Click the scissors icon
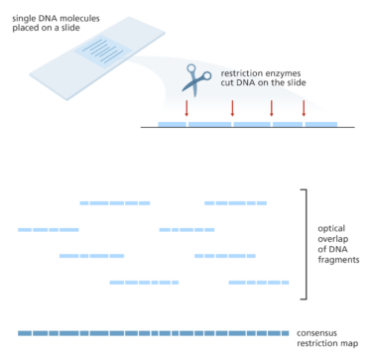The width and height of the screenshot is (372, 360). pos(196,77)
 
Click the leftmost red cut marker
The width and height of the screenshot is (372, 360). pos(187,108)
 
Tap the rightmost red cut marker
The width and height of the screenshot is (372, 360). pos(304,108)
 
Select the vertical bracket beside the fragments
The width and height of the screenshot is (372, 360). pos(304,243)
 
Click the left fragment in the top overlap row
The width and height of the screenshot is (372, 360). pos(115,203)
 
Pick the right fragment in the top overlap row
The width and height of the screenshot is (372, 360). pos(235,203)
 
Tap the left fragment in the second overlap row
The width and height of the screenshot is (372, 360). pos(48,229)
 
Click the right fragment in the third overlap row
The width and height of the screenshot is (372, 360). pos(224,256)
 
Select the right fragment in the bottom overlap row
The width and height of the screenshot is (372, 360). pos(258,283)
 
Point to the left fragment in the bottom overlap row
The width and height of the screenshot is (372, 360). pos(144,283)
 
